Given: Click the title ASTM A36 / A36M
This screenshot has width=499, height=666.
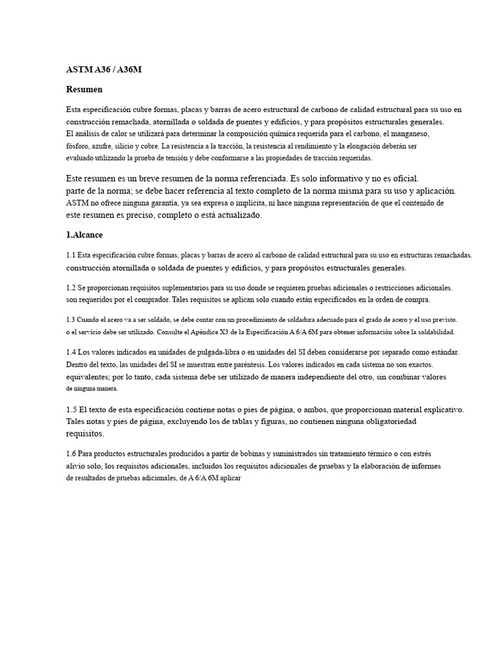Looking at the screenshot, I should click(103, 69).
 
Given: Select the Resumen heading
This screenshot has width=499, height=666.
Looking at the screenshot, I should click(84, 89).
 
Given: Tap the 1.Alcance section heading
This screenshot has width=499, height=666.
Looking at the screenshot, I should click(84, 234).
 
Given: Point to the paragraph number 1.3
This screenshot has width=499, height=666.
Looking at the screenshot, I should click(71, 320).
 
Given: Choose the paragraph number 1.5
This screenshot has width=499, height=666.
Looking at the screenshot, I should click(71, 410).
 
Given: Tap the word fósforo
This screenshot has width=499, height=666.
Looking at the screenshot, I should click(79, 146).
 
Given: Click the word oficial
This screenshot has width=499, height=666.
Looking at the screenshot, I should click(403, 178).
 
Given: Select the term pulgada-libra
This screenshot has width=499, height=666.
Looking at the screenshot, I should click(198, 352).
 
